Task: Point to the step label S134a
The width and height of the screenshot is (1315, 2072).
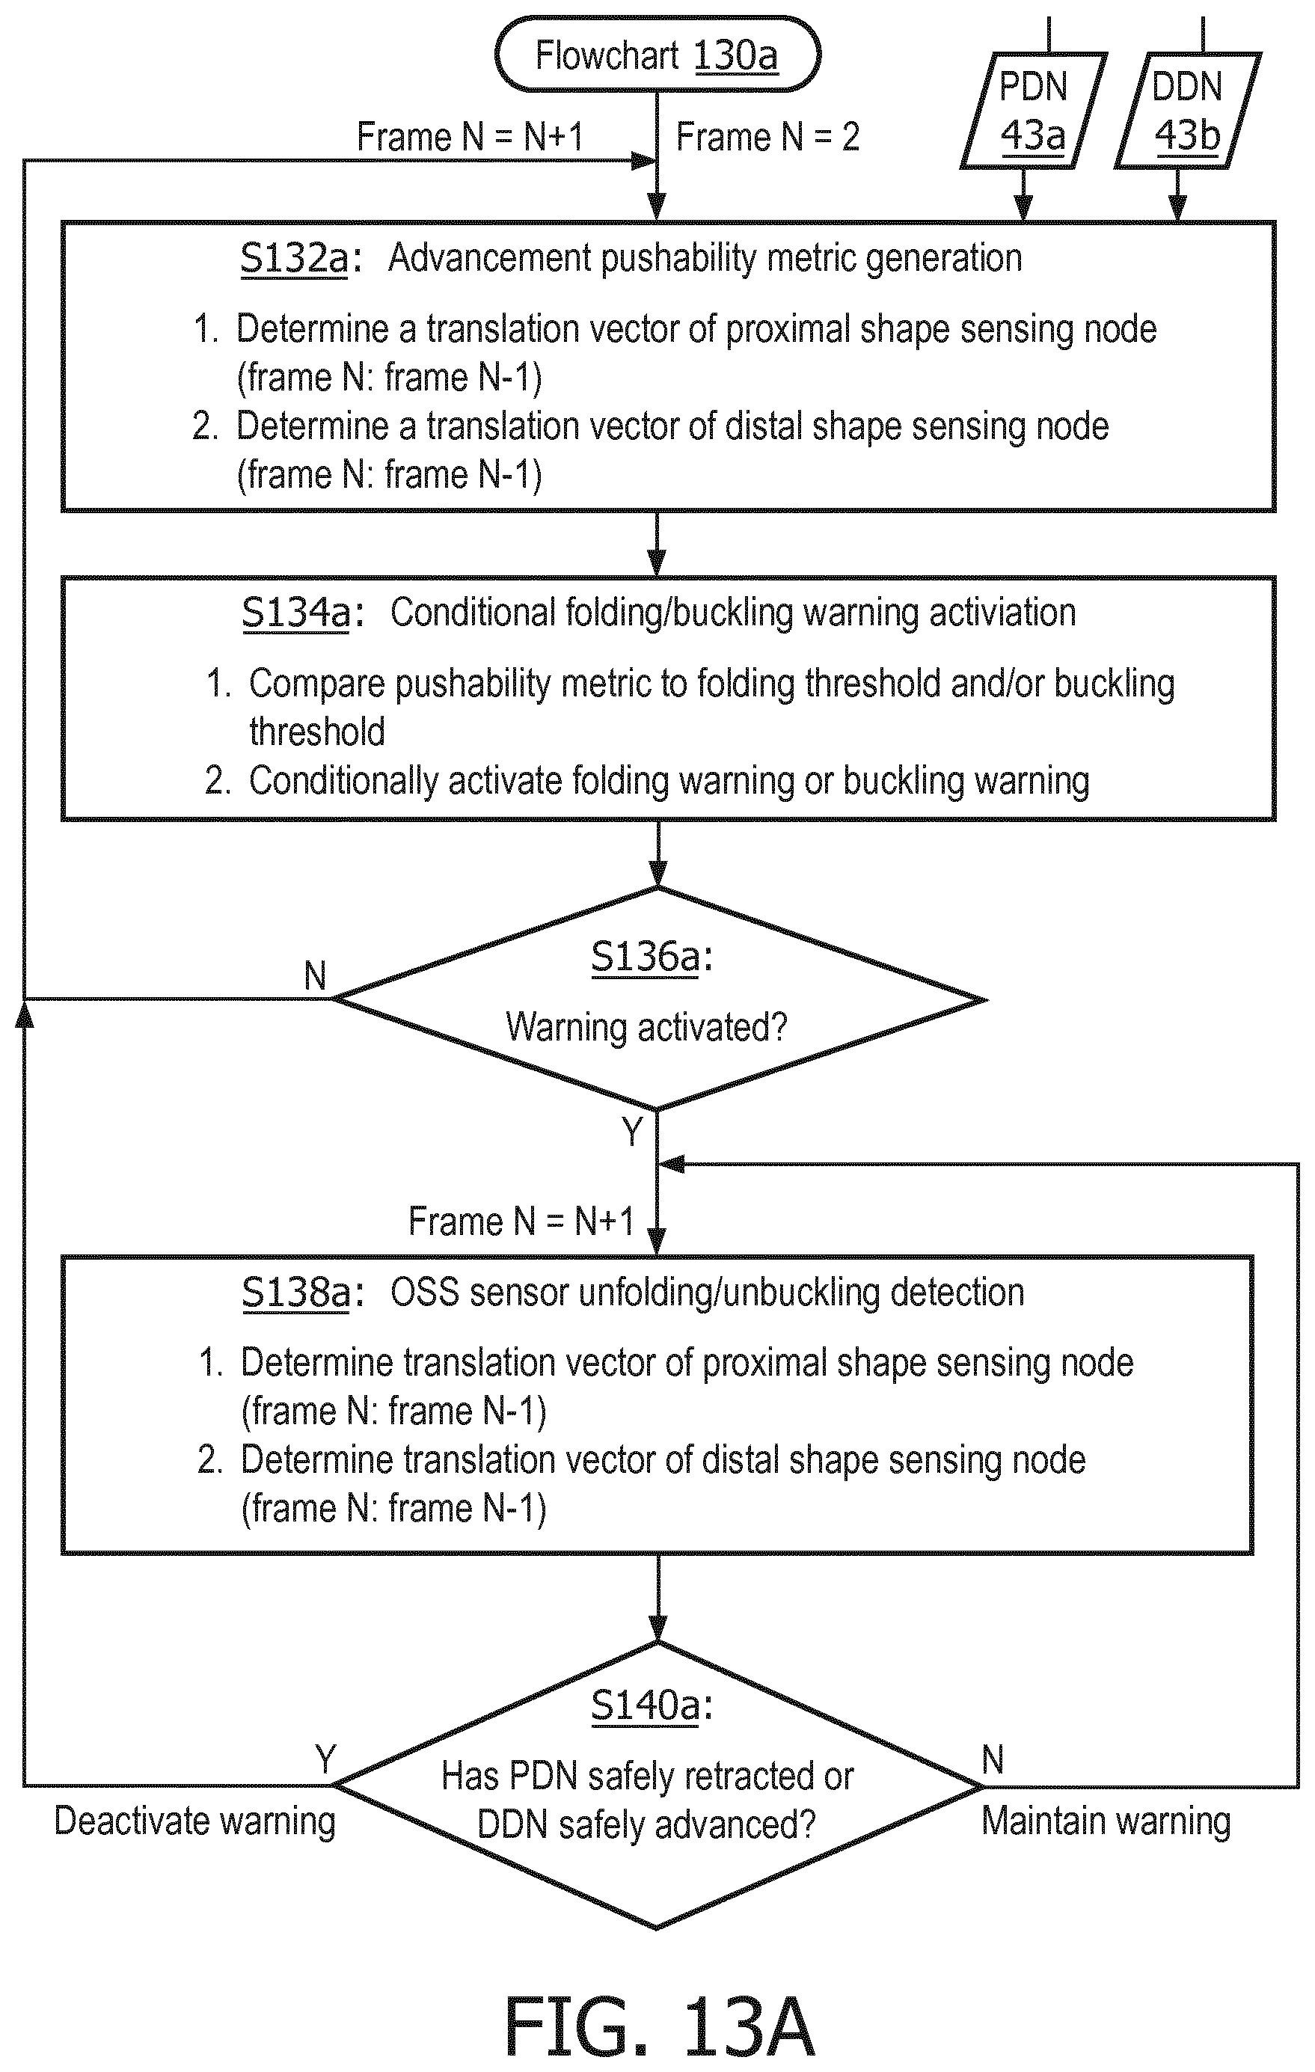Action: (x=297, y=613)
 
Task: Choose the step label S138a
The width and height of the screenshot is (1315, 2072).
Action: (x=297, y=1293)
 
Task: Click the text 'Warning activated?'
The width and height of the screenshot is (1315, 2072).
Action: (x=646, y=1026)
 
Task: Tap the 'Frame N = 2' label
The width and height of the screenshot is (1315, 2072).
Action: (x=767, y=137)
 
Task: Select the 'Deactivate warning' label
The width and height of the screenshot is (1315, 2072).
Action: (x=195, y=1822)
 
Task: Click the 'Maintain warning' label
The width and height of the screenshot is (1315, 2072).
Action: (x=1107, y=1821)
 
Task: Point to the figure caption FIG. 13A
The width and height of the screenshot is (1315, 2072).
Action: (x=658, y=2026)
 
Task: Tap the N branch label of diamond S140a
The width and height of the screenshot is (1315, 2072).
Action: (x=993, y=1759)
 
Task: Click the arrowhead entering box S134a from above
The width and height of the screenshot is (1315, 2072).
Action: (x=657, y=563)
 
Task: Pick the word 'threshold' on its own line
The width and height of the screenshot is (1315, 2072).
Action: (x=316, y=732)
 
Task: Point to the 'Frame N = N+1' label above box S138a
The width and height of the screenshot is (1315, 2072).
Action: (x=521, y=1221)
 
